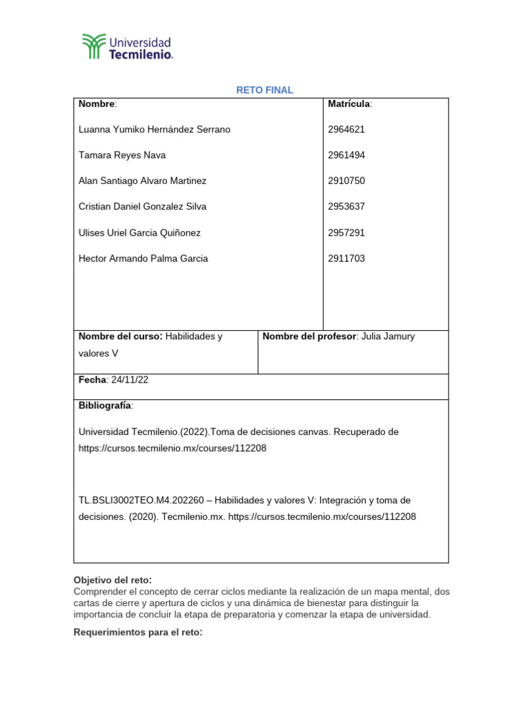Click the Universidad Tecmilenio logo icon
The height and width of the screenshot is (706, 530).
[x=95, y=46]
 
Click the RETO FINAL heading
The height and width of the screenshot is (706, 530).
[x=264, y=90]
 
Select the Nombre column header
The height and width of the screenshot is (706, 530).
[x=97, y=103]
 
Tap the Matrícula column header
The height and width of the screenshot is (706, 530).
[x=350, y=103]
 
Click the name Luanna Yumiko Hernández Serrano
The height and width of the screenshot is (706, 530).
[x=155, y=130]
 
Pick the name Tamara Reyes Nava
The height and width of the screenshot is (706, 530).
[x=122, y=155]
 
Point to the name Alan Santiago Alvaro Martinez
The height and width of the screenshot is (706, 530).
[x=142, y=181]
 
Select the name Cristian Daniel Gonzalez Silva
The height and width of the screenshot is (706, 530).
[x=142, y=206]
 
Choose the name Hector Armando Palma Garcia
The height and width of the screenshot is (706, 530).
[x=143, y=259]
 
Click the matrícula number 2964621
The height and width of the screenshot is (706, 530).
[x=346, y=130]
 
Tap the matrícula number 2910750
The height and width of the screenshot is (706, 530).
[x=346, y=181]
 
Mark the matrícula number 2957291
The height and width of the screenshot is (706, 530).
[x=346, y=232]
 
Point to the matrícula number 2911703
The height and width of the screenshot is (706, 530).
[x=346, y=259]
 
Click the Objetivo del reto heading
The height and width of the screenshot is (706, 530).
[x=112, y=580]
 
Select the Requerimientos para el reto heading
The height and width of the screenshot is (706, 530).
[x=137, y=632]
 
